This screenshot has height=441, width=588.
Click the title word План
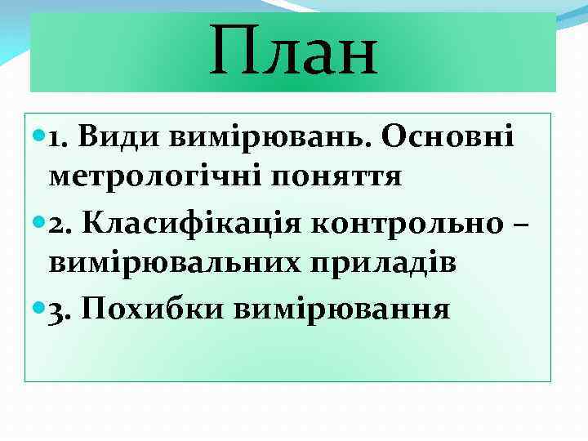(293, 50)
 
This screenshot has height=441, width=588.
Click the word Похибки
(157, 310)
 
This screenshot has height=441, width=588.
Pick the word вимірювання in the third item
(341, 311)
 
